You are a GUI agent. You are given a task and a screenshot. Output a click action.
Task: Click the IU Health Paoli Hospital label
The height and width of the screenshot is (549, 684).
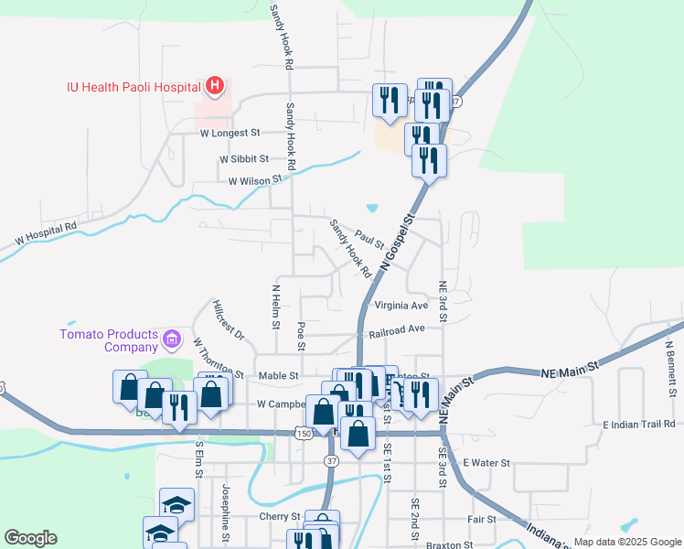pyautogui.click(x=134, y=87)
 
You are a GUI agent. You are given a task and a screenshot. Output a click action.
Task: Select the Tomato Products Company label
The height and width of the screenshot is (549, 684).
pyautogui.click(x=110, y=340)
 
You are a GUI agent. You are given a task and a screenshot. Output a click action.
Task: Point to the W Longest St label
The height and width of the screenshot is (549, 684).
pyautogui.click(x=230, y=133)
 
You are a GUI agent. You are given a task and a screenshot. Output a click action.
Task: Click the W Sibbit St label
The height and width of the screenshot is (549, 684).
pyautogui.click(x=244, y=158)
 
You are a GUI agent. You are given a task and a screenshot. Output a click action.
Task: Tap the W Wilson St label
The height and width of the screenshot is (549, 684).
pyautogui.click(x=255, y=181)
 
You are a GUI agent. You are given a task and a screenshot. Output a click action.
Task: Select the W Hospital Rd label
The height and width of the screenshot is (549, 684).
pyautogui.click(x=46, y=234)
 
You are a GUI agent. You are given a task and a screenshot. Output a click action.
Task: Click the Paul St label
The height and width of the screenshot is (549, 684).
pyautogui.click(x=369, y=240)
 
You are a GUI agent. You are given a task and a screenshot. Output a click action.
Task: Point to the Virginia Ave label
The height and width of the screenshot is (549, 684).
pyautogui.click(x=401, y=306)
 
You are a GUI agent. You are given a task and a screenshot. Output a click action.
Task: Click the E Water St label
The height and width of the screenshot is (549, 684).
pyautogui.click(x=486, y=463)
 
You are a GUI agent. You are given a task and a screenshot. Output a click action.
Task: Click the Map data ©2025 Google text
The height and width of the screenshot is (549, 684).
pyautogui.click(x=626, y=542)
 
